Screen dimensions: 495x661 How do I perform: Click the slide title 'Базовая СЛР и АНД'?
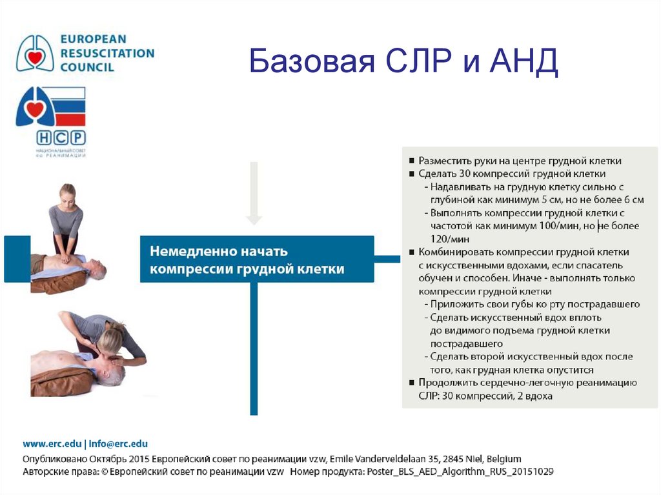(x=403, y=63)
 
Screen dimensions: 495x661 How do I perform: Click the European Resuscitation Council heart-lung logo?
(x=36, y=54)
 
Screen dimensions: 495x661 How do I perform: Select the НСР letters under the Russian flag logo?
(x=61, y=137)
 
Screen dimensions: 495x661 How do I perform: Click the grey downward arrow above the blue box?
(x=254, y=194)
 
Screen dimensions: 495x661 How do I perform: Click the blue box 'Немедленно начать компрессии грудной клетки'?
(x=256, y=259)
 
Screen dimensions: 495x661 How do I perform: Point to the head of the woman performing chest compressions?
(x=67, y=194)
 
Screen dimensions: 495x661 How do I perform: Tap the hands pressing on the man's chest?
(x=65, y=259)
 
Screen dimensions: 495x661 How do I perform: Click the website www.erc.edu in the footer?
(x=52, y=444)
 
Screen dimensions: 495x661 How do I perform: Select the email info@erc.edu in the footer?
(x=118, y=444)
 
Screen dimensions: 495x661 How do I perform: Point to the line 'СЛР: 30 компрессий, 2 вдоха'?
(x=485, y=396)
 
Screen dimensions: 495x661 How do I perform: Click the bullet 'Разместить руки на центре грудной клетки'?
(x=520, y=161)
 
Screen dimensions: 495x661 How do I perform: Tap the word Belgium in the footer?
(x=504, y=458)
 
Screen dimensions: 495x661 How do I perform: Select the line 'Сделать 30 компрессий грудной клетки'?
(x=511, y=174)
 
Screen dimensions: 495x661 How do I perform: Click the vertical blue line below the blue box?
(x=254, y=349)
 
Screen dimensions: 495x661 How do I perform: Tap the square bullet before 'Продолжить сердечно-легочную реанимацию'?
(x=412, y=383)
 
